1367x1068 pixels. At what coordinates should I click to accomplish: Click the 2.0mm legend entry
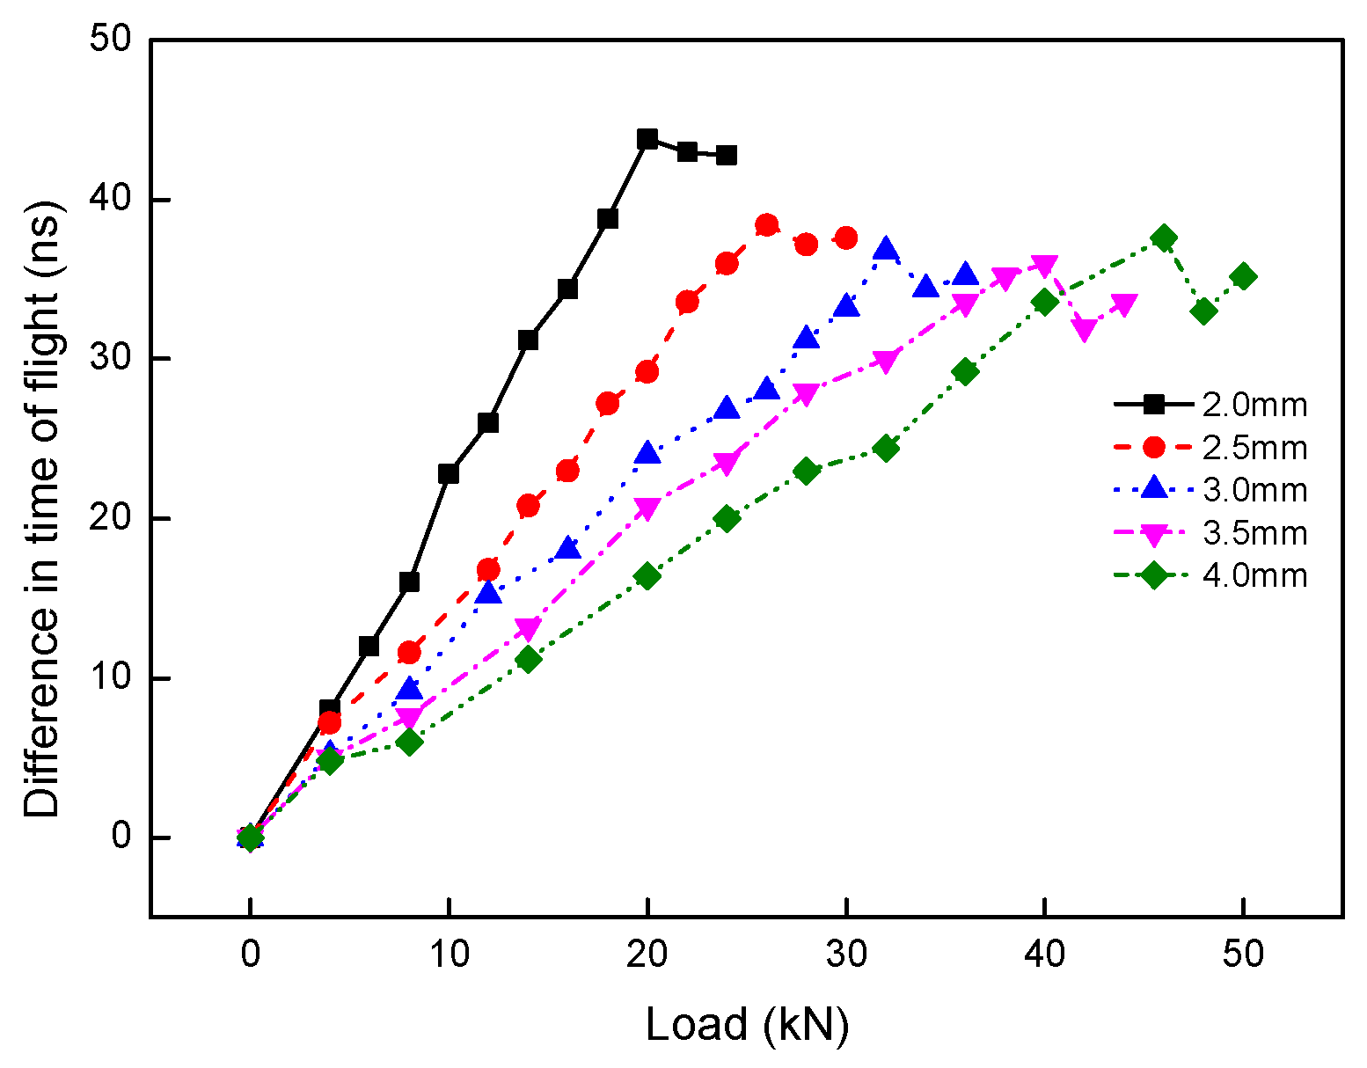[x=1254, y=405]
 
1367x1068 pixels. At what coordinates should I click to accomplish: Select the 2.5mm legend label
[x=1254, y=448]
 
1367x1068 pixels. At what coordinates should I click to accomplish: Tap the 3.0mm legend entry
[x=1254, y=490]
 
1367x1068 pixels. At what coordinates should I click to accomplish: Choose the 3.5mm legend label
[x=1254, y=533]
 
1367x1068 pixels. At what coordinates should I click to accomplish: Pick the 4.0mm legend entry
[x=1254, y=576]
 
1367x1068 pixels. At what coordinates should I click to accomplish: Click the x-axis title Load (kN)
[x=747, y=1024]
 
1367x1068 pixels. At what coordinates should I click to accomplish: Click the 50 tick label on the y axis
[x=110, y=40]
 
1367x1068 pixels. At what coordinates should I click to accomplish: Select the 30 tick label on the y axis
[x=110, y=359]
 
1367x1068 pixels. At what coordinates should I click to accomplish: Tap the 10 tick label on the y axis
[x=110, y=678]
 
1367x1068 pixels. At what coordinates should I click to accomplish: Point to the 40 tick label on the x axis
[x=1045, y=954]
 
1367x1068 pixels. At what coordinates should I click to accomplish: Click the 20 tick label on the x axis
[x=647, y=954]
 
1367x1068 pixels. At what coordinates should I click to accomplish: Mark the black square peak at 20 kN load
[x=647, y=138]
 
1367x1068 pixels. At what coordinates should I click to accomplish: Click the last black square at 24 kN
[x=727, y=156]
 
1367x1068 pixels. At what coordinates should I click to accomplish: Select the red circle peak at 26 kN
[x=767, y=225]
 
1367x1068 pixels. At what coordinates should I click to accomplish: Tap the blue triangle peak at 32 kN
[x=886, y=250]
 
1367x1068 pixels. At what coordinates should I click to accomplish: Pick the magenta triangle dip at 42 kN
[x=1085, y=330]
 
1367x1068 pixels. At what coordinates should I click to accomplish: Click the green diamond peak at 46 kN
[x=1164, y=238]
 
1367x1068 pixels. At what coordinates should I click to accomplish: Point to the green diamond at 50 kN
[x=1244, y=276]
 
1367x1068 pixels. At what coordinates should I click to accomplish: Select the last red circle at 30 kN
[x=846, y=238]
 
